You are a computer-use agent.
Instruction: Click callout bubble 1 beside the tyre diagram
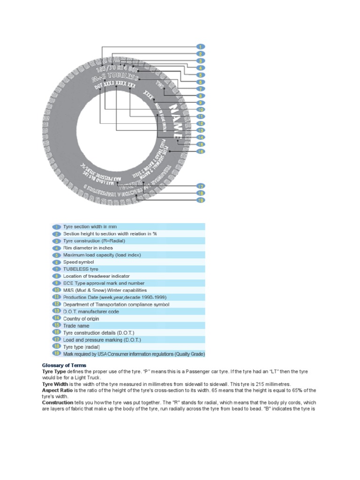click(200, 47)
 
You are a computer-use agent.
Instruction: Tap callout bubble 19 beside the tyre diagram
click(200, 200)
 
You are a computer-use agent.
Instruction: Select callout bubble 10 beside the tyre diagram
click(200, 110)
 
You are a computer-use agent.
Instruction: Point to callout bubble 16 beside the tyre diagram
click(200, 151)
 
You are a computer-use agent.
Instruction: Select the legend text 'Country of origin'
click(81, 319)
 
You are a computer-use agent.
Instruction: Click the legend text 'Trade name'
click(76, 326)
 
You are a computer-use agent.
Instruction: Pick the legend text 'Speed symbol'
click(79, 262)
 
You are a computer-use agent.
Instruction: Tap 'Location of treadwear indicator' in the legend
click(97, 276)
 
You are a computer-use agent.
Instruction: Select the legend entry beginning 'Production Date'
click(115, 297)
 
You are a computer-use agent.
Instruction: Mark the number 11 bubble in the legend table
click(57, 297)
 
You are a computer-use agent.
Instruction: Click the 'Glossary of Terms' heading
click(64, 365)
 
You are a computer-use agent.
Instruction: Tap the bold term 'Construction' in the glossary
click(57, 402)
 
